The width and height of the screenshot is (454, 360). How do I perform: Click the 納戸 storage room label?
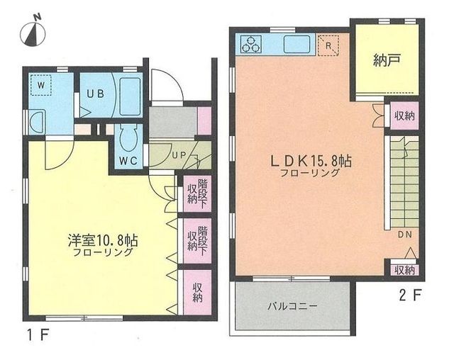(x=387, y=61)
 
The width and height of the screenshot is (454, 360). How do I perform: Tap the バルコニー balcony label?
(x=292, y=307)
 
